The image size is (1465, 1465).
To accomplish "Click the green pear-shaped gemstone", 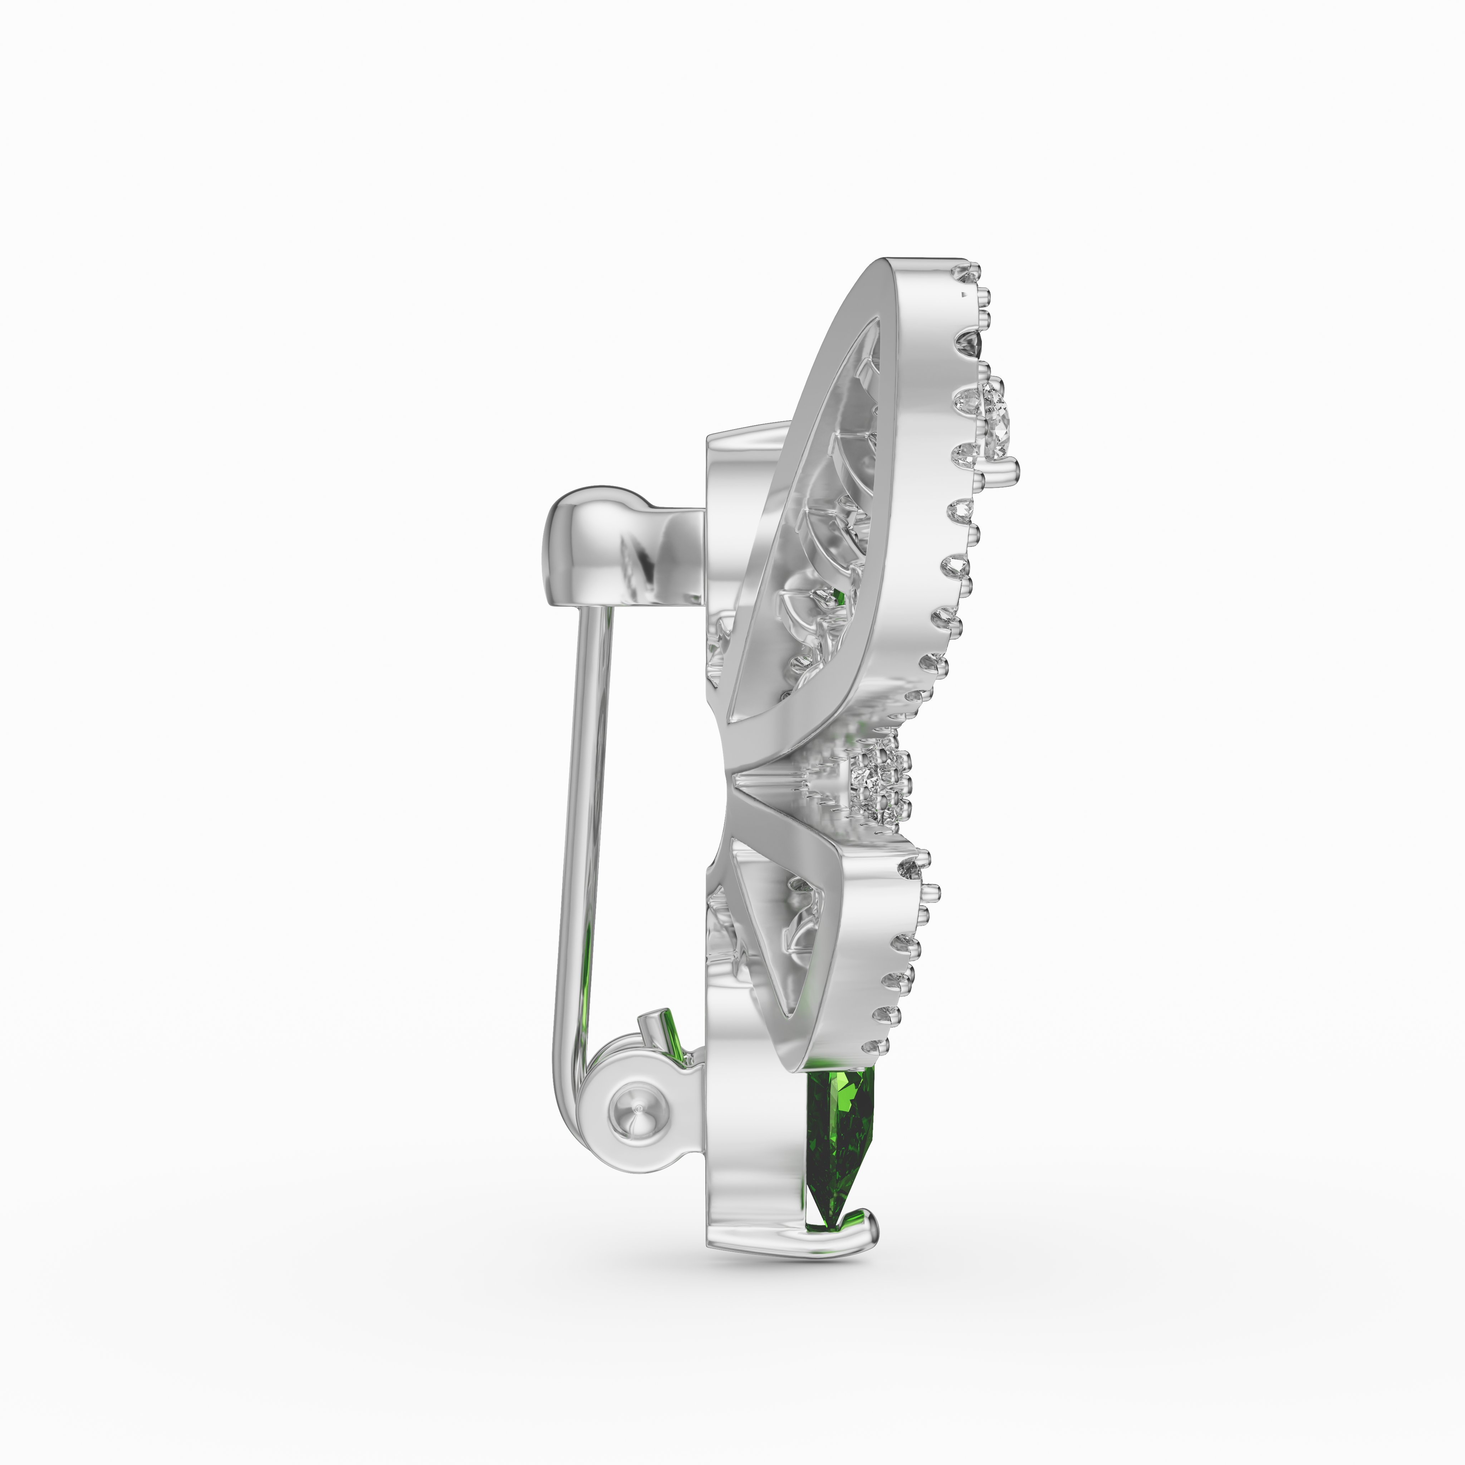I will coord(839,1137).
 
